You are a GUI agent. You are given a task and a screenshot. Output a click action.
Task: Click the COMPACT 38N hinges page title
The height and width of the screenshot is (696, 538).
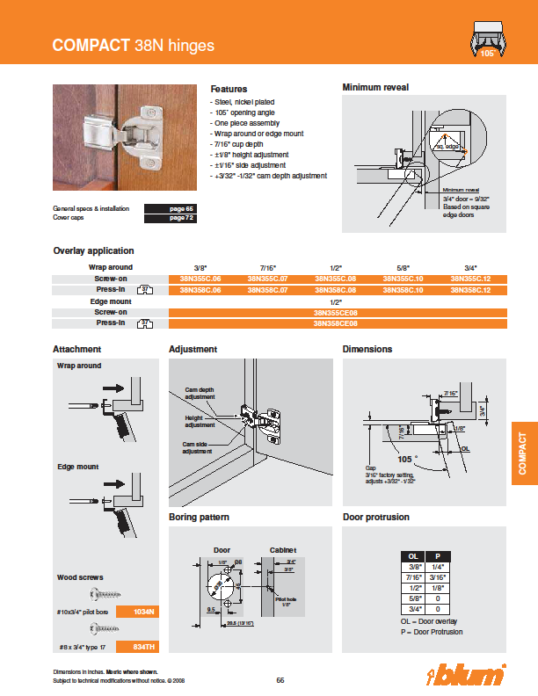(x=133, y=45)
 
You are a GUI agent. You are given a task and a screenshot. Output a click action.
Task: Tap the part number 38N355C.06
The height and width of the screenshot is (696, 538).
(x=200, y=278)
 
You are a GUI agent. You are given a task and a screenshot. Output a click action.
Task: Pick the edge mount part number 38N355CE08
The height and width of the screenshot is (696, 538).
(x=336, y=312)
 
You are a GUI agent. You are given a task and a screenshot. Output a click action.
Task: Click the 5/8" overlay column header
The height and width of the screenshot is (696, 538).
(x=403, y=267)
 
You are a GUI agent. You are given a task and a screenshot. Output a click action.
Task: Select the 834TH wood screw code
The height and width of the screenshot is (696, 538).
(x=143, y=646)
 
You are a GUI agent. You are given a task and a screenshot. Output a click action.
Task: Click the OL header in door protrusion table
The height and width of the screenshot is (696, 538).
(x=412, y=556)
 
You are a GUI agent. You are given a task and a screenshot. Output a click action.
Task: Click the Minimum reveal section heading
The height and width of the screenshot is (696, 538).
(x=375, y=88)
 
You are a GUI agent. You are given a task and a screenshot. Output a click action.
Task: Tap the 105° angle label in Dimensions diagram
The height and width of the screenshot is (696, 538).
(x=404, y=459)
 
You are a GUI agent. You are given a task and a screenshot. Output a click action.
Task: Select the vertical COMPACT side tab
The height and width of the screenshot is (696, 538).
(x=523, y=453)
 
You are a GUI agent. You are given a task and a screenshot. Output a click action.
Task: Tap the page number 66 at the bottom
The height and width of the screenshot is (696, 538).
(x=280, y=679)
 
